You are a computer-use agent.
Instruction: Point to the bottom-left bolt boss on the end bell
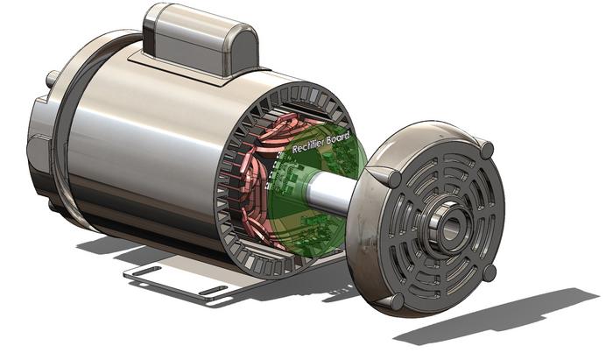(x=396, y=300)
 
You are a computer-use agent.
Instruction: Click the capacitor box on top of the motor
(x=201, y=35)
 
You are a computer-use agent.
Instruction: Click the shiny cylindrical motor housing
(x=140, y=149)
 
